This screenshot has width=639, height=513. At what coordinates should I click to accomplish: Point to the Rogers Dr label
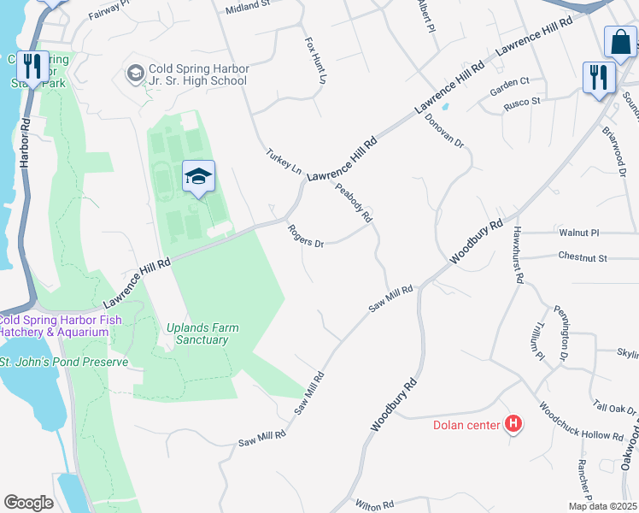coord(306,236)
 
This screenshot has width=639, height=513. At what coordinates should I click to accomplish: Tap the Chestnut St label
coord(582,256)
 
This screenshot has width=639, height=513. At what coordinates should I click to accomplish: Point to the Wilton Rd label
coord(373,505)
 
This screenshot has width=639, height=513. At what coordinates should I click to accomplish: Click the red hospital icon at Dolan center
coord(513,423)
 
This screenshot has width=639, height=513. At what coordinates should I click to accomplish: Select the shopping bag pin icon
coord(620,42)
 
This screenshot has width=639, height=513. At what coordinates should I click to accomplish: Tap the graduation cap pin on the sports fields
coord(198,177)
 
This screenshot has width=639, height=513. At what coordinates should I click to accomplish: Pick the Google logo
coord(28,503)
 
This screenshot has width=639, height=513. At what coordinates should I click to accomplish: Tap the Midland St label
coord(248,9)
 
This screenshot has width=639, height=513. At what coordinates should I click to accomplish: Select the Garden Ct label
coord(510,81)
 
